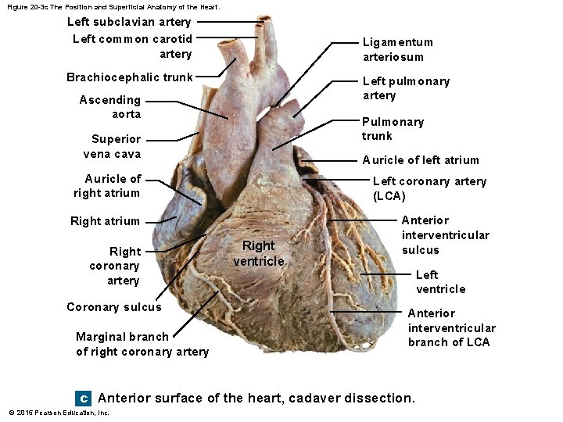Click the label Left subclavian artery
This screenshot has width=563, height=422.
[129, 22]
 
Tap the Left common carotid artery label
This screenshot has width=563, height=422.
[132, 46]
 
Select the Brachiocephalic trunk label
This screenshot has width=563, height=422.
[129, 77]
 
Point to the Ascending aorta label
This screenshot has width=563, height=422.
[110, 107]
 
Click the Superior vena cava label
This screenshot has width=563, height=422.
[116, 146]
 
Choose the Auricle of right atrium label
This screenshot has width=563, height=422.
[108, 186]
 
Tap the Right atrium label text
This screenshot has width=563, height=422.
[105, 221]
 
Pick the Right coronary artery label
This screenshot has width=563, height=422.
[113, 266]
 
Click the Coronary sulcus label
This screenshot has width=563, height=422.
[114, 307]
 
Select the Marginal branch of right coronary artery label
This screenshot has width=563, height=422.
[142, 344]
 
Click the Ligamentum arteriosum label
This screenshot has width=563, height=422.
[397, 49]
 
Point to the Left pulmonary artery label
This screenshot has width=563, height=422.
[406, 88]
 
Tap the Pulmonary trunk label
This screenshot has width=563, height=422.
[393, 128]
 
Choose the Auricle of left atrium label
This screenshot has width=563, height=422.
[420, 160]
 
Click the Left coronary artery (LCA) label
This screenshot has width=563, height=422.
[429, 188]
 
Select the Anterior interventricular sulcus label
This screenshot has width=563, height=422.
[445, 235]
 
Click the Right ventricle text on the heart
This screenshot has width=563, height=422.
[259, 254]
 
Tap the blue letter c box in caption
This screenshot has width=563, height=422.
[84, 399]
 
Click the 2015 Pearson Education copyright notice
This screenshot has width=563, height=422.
[59, 413]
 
